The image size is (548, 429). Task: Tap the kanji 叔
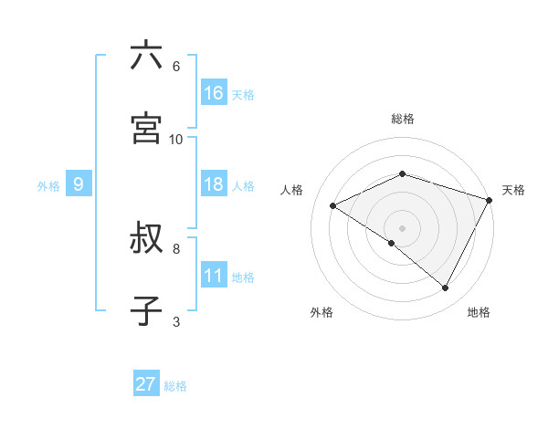click(x=146, y=240)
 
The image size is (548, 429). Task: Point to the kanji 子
click(x=146, y=310)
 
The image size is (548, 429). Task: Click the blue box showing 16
click(x=214, y=93)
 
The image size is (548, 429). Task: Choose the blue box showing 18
click(x=214, y=184)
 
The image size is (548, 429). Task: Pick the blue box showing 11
click(x=214, y=276)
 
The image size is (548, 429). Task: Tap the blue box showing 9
click(x=79, y=184)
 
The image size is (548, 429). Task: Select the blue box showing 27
click(x=146, y=384)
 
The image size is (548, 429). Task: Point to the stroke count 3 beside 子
click(x=175, y=321)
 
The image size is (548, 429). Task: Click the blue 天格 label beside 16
click(x=243, y=95)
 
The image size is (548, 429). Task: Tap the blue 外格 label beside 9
click(x=48, y=186)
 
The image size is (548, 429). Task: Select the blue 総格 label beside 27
click(x=175, y=386)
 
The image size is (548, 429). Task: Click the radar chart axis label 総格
click(x=403, y=119)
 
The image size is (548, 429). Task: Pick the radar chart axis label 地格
click(x=479, y=312)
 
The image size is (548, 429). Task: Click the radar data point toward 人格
click(x=333, y=205)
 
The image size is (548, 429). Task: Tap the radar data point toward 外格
click(x=392, y=243)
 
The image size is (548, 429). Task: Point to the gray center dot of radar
click(x=403, y=227)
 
